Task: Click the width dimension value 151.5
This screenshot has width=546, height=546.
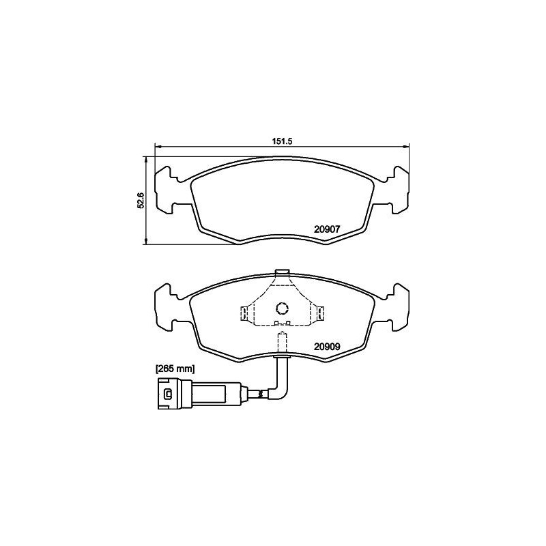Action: point(282,141)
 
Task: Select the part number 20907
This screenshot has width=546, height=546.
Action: point(327,230)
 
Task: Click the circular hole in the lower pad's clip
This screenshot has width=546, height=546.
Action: point(282,308)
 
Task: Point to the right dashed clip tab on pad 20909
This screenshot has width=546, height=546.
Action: point(319,313)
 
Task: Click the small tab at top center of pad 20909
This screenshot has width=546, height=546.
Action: point(282,274)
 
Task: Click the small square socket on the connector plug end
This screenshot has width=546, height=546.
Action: point(167,393)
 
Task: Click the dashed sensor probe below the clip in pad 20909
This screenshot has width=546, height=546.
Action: point(282,341)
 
